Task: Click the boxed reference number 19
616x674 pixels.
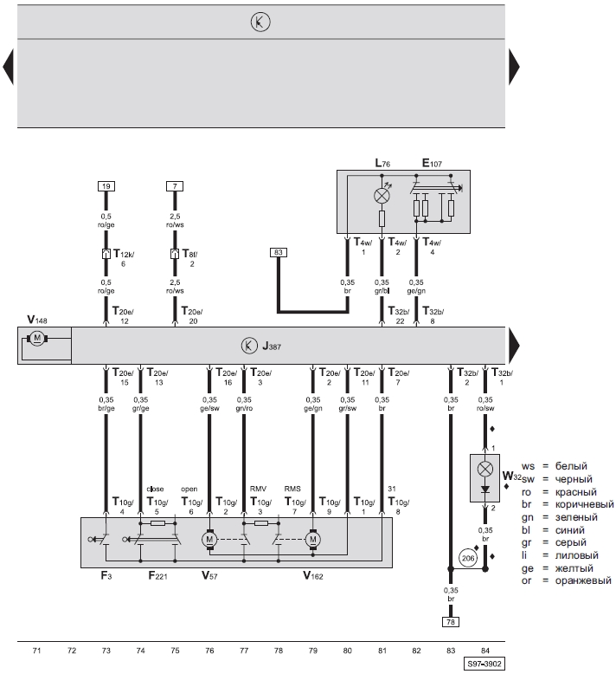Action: (106, 186)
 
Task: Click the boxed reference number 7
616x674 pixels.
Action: (175, 186)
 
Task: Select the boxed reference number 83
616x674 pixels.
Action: (279, 252)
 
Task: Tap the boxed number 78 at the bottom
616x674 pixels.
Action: (450, 621)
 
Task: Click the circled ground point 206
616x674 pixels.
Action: (468, 558)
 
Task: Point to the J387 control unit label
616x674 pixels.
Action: (272, 346)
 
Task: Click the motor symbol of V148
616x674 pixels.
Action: (37, 338)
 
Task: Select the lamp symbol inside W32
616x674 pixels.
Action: (485, 469)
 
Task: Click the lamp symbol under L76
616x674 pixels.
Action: (382, 196)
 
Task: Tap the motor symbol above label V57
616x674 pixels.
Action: (209, 539)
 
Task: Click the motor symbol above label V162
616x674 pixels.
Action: (313, 539)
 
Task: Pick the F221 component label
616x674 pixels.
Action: (157, 575)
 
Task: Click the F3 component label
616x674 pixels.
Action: (106, 575)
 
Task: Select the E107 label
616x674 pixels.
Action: (432, 163)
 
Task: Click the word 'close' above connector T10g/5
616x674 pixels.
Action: (155, 489)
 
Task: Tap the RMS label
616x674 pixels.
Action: (292, 489)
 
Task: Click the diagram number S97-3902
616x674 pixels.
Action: (484, 664)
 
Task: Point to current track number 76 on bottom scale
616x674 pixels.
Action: (209, 651)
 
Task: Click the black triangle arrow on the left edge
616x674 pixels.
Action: (8, 67)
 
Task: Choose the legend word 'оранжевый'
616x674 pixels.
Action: (583, 580)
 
